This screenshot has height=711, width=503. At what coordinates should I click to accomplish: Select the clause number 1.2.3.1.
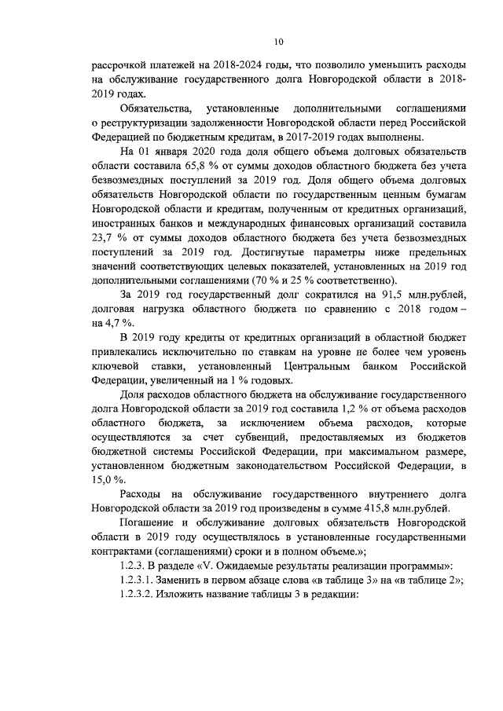click(x=140, y=581)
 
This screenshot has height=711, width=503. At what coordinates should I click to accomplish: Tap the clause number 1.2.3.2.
click(x=140, y=596)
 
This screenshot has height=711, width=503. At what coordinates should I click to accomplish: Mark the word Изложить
click(x=189, y=596)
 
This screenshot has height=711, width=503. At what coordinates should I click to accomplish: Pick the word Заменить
click(x=189, y=581)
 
